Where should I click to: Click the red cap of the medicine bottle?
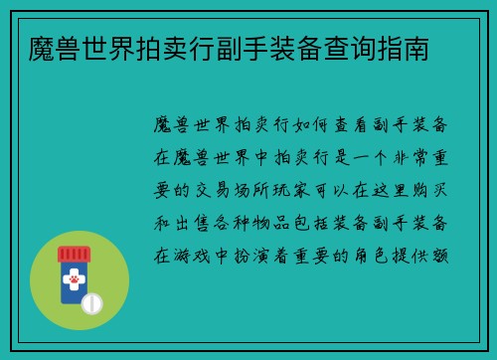point(74,255)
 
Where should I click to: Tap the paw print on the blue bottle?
point(74,282)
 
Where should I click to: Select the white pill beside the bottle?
point(92,301)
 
